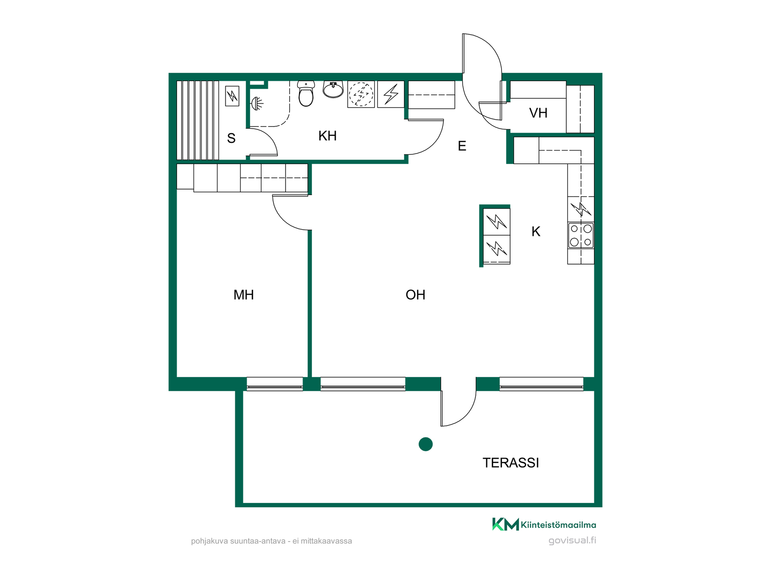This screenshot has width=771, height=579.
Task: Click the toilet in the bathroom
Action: [x=306, y=94]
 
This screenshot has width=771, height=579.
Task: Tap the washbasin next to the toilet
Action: [x=333, y=89]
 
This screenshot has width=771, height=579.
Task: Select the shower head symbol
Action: [x=257, y=104]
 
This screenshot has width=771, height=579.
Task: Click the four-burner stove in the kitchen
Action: [x=581, y=235]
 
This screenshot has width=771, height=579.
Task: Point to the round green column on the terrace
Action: [x=426, y=444]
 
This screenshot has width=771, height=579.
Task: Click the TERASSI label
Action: [x=511, y=463]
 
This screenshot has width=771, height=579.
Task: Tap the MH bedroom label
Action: [x=244, y=295]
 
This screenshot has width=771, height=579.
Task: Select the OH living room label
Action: [x=416, y=295]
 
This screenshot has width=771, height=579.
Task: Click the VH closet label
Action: [x=538, y=113]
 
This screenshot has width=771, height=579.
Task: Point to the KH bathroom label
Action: [x=327, y=136]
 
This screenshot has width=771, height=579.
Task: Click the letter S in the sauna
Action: [x=231, y=138]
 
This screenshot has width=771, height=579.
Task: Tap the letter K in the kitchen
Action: [x=536, y=232]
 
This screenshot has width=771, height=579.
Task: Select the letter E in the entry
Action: [x=462, y=146]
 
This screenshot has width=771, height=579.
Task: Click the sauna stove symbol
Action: [x=232, y=96]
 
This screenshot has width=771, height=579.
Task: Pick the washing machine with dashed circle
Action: [x=361, y=94]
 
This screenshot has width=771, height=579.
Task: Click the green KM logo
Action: [x=506, y=524]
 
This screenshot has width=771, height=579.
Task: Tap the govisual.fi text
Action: [x=572, y=540]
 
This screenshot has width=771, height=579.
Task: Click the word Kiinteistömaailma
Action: [x=559, y=525]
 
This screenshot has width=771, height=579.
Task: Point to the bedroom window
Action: [x=275, y=384]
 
